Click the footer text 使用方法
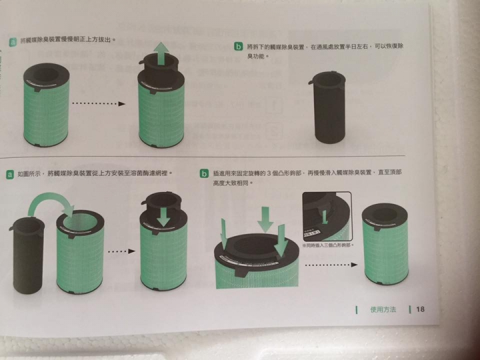382,309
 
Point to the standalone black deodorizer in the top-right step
329,107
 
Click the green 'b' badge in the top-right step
238,46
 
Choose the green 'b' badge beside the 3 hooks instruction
205,175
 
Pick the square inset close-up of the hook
327,217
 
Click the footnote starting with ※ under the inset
327,246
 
